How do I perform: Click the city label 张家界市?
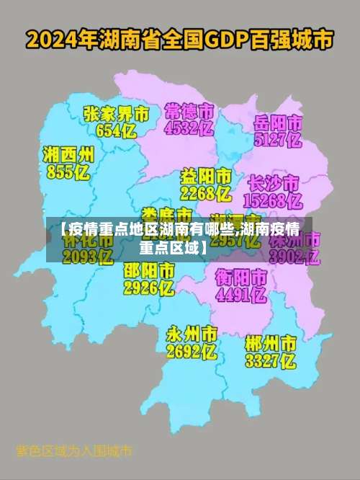[116, 114]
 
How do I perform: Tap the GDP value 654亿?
[116, 130]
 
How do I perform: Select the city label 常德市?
[189, 112]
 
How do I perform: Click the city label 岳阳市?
[277, 123]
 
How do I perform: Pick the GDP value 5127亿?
[277, 141]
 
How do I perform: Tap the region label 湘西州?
[68, 155]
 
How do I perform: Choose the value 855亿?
[68, 172]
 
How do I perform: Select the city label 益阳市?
[205, 177]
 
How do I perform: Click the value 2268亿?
[205, 194]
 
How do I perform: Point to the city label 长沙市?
[274, 182]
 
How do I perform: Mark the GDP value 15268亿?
[274, 200]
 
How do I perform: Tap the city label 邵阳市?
[149, 272]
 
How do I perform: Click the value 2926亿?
[149, 289]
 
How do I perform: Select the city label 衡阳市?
[241, 277]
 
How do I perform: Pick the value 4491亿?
[241, 294]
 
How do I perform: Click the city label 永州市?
[192, 334]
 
